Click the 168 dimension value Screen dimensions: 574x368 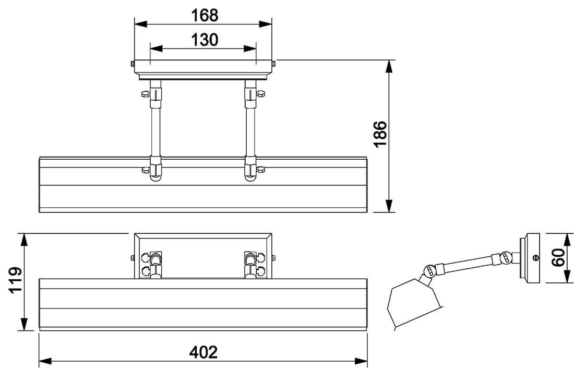point(205,15)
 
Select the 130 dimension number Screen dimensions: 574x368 point(205,40)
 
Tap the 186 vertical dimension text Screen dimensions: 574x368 point(380,134)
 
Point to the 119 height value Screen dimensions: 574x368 point(16,280)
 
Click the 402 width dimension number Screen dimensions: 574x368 point(203,352)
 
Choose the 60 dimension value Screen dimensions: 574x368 point(558,257)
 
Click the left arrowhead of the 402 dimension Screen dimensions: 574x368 point(45,361)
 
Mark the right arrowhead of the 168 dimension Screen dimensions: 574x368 point(266,24)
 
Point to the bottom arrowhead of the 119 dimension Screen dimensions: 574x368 point(24,324)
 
